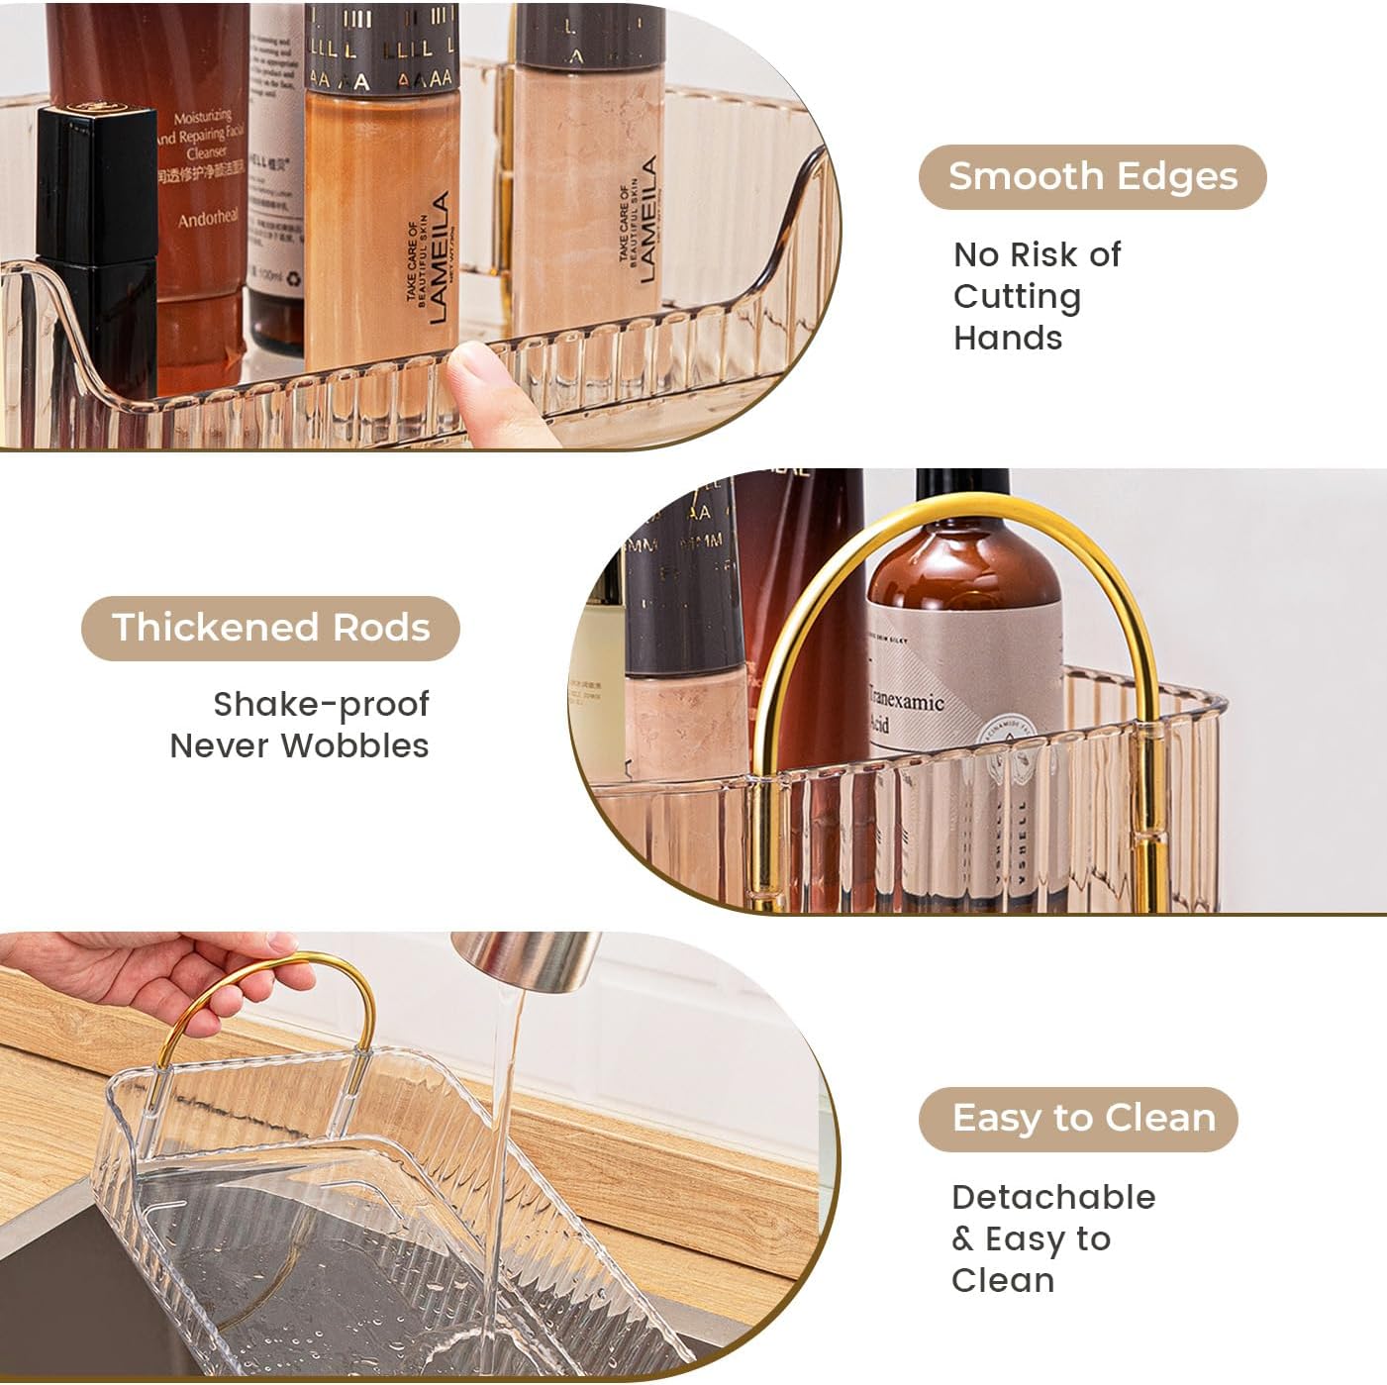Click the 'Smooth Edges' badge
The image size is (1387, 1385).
[x=1092, y=177]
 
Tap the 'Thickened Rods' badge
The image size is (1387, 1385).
[x=270, y=628]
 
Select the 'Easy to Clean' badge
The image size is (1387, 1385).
[x=1078, y=1119]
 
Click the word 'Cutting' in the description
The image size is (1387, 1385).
[x=1017, y=296]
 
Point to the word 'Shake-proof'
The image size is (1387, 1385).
[x=321, y=705]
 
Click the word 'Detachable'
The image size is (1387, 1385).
[x=1053, y=1197]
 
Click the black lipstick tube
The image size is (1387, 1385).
[x=96, y=247]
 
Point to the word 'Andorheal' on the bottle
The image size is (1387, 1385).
[x=208, y=218]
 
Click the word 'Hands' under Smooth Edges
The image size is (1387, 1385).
[x=1008, y=339]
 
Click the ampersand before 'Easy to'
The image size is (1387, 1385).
[x=962, y=1239]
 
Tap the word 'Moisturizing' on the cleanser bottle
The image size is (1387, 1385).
[x=203, y=118]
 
